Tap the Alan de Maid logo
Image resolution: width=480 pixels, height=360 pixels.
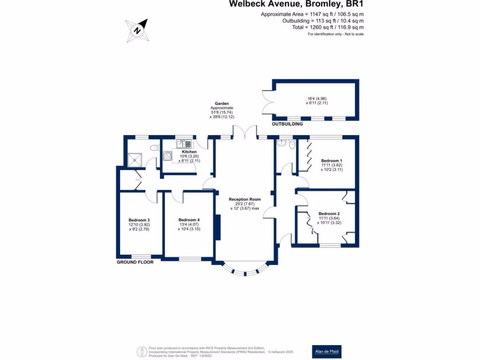pyautogui.click(x=327, y=351)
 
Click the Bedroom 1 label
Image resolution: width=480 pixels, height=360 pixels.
pyautogui.click(x=332, y=161)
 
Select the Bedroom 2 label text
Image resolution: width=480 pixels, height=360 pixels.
pyautogui.click(x=329, y=214)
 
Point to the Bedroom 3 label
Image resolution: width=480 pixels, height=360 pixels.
pyautogui.click(x=139, y=220)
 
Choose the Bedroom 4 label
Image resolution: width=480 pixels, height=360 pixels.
pyautogui.click(x=189, y=220)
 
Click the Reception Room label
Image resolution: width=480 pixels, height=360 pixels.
pyautogui.click(x=245, y=199)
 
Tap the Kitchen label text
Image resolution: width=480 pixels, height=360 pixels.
pyautogui.click(x=189, y=152)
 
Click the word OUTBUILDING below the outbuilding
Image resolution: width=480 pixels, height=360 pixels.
pyautogui.click(x=287, y=124)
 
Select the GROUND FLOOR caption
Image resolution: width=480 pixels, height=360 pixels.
pyautogui.click(x=135, y=262)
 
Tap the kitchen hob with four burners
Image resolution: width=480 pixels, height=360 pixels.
pyautogui.click(x=168, y=156)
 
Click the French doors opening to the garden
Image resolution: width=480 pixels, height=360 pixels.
pyautogui.click(x=245, y=132)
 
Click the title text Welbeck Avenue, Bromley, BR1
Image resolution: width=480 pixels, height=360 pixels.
pyautogui.click(x=296, y=4)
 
